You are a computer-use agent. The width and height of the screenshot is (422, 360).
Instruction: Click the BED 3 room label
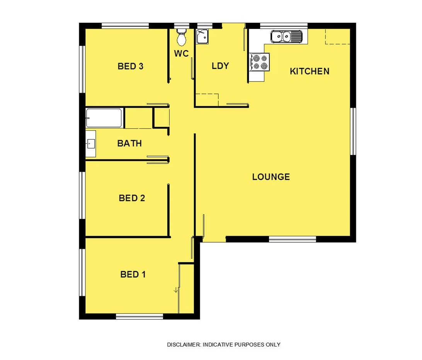131,66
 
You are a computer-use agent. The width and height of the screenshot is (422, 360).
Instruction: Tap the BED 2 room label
132,198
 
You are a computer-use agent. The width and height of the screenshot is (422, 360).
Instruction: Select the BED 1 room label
133,275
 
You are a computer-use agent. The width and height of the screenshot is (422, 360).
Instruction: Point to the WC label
181,54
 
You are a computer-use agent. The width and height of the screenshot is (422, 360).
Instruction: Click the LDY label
220,66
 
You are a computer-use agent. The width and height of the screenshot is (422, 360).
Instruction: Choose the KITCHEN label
310,71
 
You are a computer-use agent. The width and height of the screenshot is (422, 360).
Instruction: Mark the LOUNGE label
271,177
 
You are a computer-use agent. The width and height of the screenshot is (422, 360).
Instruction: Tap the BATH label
129,143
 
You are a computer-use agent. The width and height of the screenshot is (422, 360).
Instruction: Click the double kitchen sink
286,37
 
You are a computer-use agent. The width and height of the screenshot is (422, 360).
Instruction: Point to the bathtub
104,118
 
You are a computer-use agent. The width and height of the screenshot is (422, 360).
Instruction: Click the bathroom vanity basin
90,144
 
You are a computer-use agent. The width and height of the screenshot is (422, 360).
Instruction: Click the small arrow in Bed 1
176,290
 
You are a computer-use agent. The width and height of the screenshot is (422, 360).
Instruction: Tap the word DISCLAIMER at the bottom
184,345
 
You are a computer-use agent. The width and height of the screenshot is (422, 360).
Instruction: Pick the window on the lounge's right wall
353,131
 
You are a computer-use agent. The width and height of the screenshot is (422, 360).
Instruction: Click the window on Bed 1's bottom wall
140,316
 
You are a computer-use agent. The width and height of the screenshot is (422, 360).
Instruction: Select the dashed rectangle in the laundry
207,99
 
